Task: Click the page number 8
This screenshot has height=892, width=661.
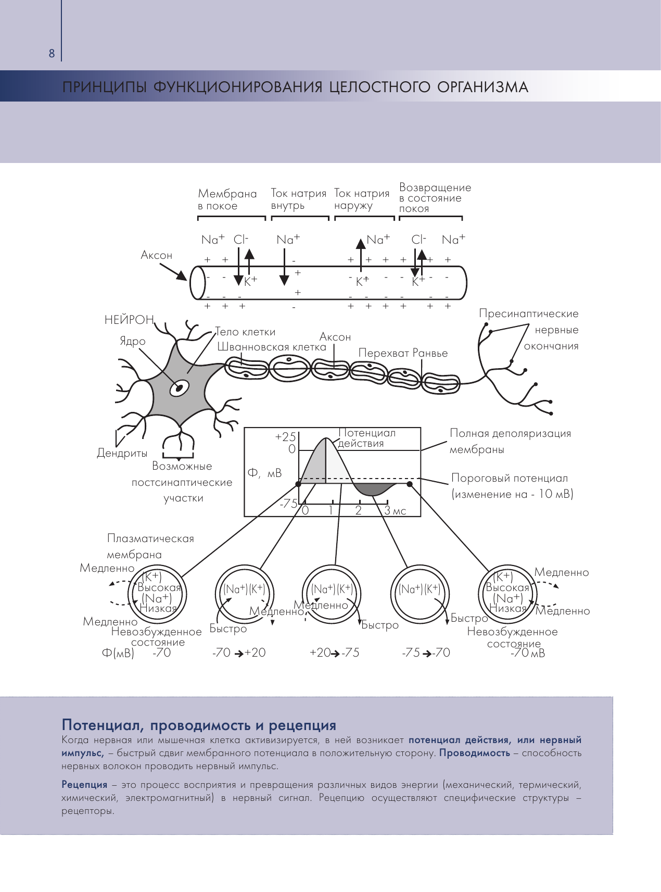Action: point(51,54)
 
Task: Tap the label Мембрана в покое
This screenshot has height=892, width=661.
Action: point(227,200)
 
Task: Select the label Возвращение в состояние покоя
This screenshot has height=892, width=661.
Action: point(435,198)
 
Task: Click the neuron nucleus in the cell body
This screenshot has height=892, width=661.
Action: point(180,388)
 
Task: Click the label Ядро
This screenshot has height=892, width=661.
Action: point(133,341)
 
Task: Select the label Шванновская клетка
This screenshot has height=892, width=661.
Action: point(272,347)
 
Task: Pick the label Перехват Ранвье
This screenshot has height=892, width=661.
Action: point(403,353)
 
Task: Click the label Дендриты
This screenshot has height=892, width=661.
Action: point(122,453)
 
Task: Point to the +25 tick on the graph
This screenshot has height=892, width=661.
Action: point(285,437)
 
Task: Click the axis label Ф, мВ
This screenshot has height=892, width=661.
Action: point(264,473)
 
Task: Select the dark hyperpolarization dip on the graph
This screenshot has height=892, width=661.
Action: point(374,489)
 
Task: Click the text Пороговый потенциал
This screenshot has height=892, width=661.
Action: point(510,478)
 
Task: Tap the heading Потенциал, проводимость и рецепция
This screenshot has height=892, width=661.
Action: point(199,725)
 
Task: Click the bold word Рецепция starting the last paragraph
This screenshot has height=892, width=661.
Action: point(84,785)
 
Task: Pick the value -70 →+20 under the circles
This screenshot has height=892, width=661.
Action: point(239,653)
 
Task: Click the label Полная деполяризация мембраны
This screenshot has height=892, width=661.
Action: point(510,441)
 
